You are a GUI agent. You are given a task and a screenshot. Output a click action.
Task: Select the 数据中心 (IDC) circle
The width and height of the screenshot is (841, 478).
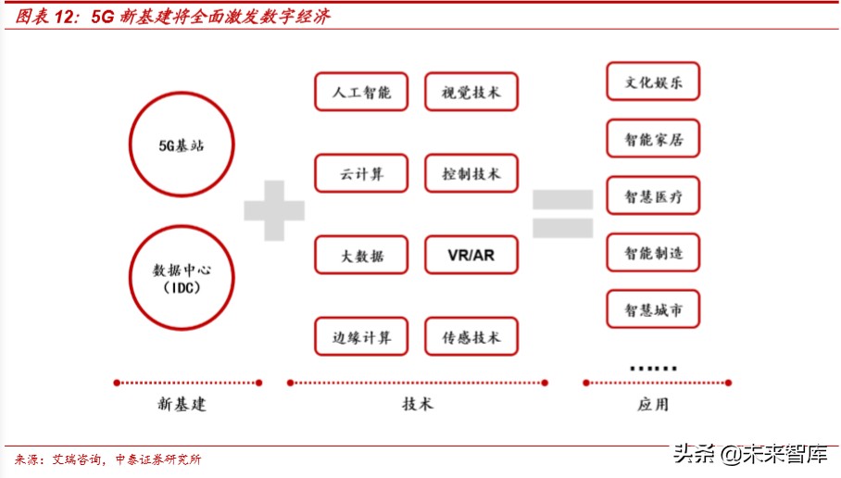(181, 278)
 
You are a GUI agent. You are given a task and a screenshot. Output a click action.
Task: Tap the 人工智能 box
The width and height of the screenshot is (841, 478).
(361, 92)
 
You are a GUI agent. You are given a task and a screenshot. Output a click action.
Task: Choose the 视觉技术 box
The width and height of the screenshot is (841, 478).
(471, 92)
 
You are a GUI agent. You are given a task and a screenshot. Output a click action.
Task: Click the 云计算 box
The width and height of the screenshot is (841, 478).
(361, 173)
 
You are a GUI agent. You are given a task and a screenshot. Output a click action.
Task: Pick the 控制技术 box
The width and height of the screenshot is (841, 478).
(471, 173)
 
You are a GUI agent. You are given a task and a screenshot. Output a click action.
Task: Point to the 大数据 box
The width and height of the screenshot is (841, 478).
(361, 255)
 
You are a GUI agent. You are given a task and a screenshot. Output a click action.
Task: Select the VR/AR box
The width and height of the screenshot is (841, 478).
(471, 255)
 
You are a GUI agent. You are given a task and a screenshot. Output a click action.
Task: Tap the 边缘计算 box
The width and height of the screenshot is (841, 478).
(361, 337)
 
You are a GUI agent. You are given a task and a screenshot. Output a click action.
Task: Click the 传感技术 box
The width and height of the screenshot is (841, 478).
(471, 337)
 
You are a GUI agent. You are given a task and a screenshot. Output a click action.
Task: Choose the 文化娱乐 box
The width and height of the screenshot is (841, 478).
(653, 82)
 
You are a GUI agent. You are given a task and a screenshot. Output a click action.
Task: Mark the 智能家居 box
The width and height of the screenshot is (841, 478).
(653, 139)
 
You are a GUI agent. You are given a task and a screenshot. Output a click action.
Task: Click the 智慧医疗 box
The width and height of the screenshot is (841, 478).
(653, 195)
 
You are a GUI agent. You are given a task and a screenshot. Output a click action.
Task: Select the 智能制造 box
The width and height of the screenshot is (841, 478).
(653, 253)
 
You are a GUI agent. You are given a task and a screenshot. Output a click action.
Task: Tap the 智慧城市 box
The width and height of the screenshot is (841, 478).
(653, 309)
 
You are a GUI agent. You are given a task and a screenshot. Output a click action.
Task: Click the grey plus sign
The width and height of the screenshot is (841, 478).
(274, 211)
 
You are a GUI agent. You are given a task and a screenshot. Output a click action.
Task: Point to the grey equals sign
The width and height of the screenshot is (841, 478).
(562, 214)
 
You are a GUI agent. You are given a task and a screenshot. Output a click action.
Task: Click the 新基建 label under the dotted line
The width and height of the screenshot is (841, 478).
(182, 405)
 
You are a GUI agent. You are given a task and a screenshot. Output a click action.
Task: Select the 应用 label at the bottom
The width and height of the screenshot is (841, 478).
(652, 405)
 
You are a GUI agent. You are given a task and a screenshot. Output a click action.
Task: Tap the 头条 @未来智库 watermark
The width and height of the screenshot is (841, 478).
(750, 454)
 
